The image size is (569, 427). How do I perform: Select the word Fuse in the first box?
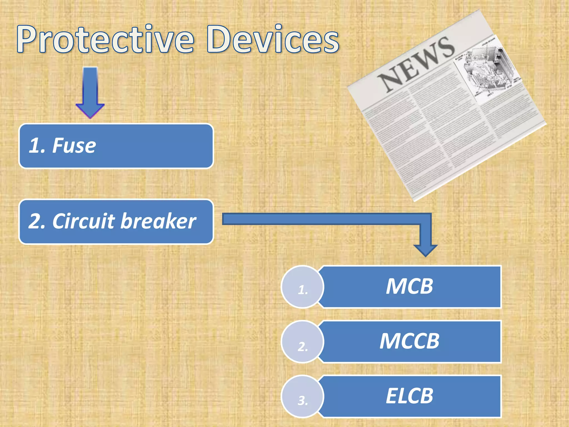coord(74,146)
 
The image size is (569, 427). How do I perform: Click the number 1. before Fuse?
coord(37,146)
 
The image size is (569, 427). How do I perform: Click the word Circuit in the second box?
coord(83,221)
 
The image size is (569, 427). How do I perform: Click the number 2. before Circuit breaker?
coord(37,222)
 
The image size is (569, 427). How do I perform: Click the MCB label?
coord(410,286)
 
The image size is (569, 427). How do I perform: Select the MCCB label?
coord(410,341)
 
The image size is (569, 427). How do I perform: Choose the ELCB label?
coord(410,396)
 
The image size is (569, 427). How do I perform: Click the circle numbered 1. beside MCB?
coord(303,287)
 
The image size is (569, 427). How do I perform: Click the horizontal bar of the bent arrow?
coord(320,219)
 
